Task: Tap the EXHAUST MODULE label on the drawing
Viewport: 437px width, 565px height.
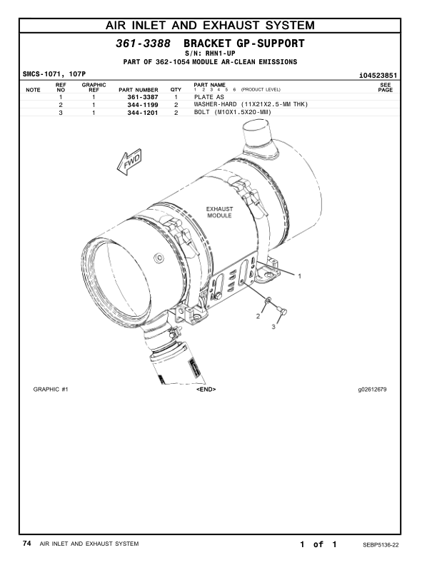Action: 219,212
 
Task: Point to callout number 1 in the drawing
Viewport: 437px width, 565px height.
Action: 300,275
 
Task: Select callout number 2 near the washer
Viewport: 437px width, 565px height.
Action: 258,315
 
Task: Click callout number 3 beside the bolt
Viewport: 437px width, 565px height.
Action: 273,327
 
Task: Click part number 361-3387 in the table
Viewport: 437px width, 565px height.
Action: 142,96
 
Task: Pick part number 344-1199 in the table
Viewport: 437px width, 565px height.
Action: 142,105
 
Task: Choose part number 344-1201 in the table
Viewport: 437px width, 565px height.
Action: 142,113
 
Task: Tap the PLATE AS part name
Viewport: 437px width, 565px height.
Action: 209,96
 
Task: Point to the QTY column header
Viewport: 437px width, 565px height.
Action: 176,90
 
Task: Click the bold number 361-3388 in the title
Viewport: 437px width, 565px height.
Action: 143,44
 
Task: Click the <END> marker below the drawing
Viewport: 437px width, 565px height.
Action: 206,390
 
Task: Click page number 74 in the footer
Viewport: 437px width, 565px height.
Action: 26,544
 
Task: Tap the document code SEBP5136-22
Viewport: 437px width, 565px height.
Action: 381,544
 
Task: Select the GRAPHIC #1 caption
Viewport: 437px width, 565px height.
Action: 51,390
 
